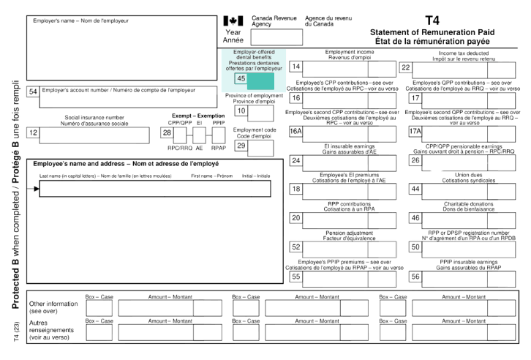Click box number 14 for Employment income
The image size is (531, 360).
tap(296, 67)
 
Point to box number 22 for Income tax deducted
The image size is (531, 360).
tap(406, 67)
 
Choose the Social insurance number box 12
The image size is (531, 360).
tap(32, 132)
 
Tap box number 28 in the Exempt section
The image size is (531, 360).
tap(167, 132)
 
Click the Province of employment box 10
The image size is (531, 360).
tap(241, 111)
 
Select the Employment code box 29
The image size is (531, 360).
tap(241, 146)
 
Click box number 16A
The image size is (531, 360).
tap(296, 131)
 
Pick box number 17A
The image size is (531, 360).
tap(415, 131)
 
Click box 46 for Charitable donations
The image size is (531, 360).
tap(415, 218)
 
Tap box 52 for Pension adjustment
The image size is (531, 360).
tap(296, 247)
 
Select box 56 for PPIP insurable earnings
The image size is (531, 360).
tap(415, 276)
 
